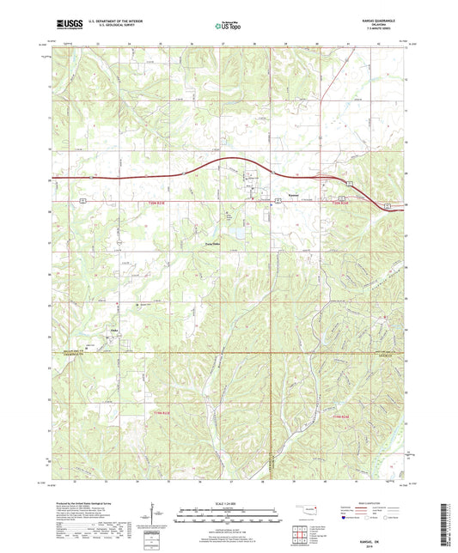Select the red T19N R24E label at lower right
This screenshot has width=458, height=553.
point(341,416)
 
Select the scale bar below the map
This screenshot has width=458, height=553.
point(228,518)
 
